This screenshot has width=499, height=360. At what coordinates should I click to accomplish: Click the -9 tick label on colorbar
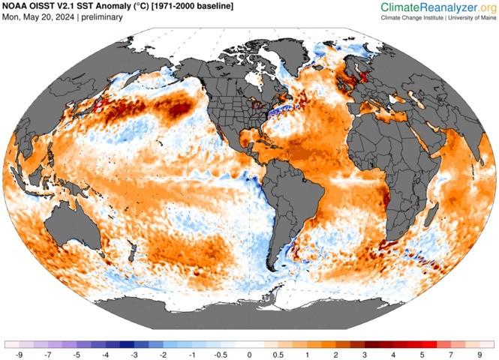pyautogui.click(x=17, y=354)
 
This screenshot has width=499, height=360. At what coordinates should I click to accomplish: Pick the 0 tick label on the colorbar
pyautogui.click(x=249, y=354)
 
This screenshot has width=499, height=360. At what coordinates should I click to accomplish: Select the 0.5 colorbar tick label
pyautogui.click(x=278, y=354)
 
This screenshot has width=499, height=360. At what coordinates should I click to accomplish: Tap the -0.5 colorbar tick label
pyautogui.click(x=221, y=354)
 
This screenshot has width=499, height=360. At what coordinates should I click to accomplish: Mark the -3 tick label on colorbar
pyautogui.click(x=134, y=354)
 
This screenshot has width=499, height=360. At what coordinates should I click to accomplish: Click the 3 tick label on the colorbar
pyautogui.click(x=366, y=354)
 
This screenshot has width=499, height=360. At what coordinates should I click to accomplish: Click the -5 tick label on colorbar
pyautogui.click(x=76, y=354)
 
